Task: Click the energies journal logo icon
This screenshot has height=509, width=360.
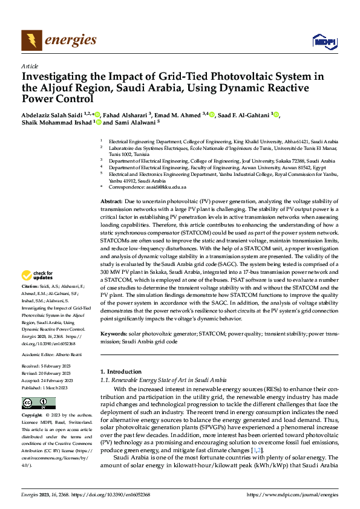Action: pos(31,41)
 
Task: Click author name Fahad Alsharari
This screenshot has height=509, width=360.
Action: pos(124,114)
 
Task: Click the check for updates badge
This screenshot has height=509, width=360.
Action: pos(38,276)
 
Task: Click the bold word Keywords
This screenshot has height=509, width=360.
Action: pos(113,334)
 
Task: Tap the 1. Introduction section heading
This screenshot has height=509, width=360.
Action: pos(120,371)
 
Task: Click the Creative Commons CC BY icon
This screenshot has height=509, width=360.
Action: pos(38,403)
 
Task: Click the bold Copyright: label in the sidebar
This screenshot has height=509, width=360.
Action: pos(32,416)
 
